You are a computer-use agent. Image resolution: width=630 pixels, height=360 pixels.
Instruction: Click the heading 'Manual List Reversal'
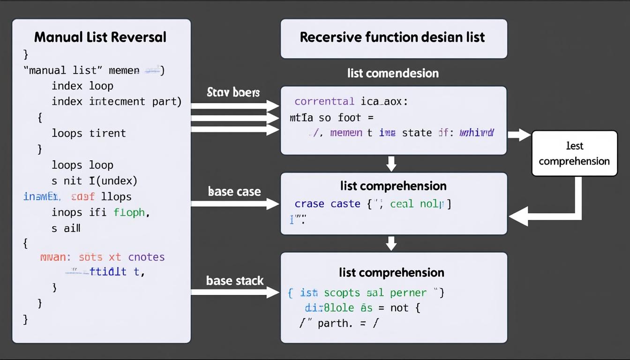coord(100,37)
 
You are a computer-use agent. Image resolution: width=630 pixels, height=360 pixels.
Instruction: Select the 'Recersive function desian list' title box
coord(393,38)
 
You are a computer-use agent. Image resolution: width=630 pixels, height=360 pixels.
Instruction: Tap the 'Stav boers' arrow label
coord(233,92)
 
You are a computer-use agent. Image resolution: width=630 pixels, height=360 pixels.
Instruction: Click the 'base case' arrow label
coord(234,191)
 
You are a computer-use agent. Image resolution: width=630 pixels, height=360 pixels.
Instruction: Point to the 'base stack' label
coord(235,281)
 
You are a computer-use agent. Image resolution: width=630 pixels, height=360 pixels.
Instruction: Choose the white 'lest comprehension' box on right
coord(574,153)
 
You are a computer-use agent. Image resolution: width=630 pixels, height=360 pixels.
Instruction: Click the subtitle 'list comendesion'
coord(393,73)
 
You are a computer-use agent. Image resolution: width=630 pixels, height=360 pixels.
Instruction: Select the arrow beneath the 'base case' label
coord(235,204)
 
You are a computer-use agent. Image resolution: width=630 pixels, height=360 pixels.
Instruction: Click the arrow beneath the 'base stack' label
coord(235,292)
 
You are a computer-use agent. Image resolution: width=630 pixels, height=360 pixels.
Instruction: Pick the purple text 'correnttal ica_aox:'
coord(351,101)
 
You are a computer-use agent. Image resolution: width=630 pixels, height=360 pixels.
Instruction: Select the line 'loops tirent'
coord(89,133)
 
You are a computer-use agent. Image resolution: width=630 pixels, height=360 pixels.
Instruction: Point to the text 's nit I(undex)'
coord(94,180)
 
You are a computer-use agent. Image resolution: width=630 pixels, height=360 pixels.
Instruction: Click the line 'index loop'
coord(82,86)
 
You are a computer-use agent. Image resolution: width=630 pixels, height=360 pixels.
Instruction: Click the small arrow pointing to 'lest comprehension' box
coord(518,135)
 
